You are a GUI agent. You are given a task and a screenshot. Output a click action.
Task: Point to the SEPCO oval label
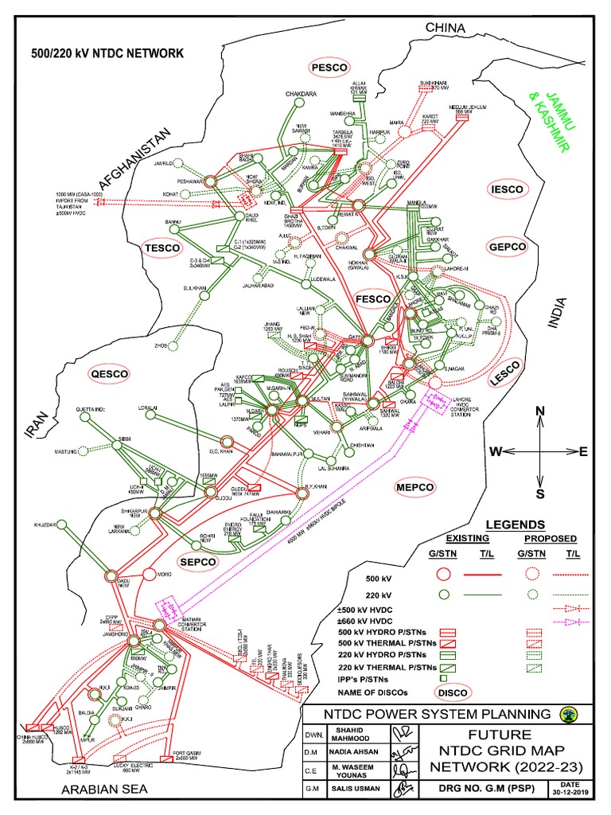click(198, 562)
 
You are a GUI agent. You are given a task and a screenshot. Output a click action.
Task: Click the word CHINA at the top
click(444, 29)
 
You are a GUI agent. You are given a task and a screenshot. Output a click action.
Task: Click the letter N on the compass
click(539, 411)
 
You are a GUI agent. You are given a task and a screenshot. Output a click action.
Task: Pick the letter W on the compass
click(495, 452)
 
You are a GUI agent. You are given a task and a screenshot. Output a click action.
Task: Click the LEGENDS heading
click(516, 524)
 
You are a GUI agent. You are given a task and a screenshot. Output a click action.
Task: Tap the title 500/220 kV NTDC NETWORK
click(107, 53)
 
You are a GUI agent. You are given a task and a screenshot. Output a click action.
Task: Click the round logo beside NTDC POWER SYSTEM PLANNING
click(568, 713)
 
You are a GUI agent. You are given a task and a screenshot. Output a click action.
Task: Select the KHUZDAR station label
click(47, 525)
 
